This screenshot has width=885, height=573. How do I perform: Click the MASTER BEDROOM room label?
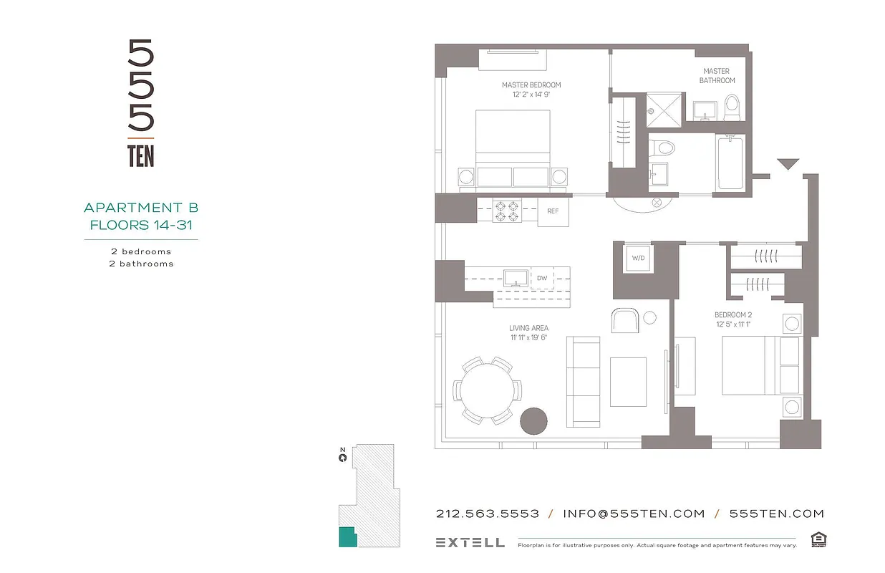pyautogui.click(x=531, y=85)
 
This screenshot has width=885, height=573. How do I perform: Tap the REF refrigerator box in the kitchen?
pyautogui.click(x=553, y=211)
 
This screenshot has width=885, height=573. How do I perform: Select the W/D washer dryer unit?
pyautogui.click(x=637, y=259)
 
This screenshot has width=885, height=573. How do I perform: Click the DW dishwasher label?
pyautogui.click(x=542, y=277)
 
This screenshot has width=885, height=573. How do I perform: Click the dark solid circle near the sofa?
pyautogui.click(x=533, y=421)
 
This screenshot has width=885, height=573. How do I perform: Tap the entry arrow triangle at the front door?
pyautogui.click(x=788, y=165)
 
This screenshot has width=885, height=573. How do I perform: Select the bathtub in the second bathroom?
pyautogui.click(x=730, y=163)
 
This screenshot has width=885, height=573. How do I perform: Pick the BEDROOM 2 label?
pyautogui.click(x=732, y=315)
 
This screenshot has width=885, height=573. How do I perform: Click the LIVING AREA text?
pyautogui.click(x=528, y=329)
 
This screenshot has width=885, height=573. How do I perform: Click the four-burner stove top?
pyautogui.click(x=507, y=211)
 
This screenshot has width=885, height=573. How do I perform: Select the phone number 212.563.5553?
pyautogui.click(x=487, y=514)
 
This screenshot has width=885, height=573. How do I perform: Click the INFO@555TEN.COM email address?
pyautogui.click(x=634, y=514)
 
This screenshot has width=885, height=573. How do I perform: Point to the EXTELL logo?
pyautogui.click(x=470, y=543)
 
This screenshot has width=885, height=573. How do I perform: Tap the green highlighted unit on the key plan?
pyautogui.click(x=347, y=536)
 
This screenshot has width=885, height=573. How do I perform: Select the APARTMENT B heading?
pyautogui.click(x=141, y=208)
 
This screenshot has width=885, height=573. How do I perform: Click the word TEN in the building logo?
pyautogui.click(x=141, y=156)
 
